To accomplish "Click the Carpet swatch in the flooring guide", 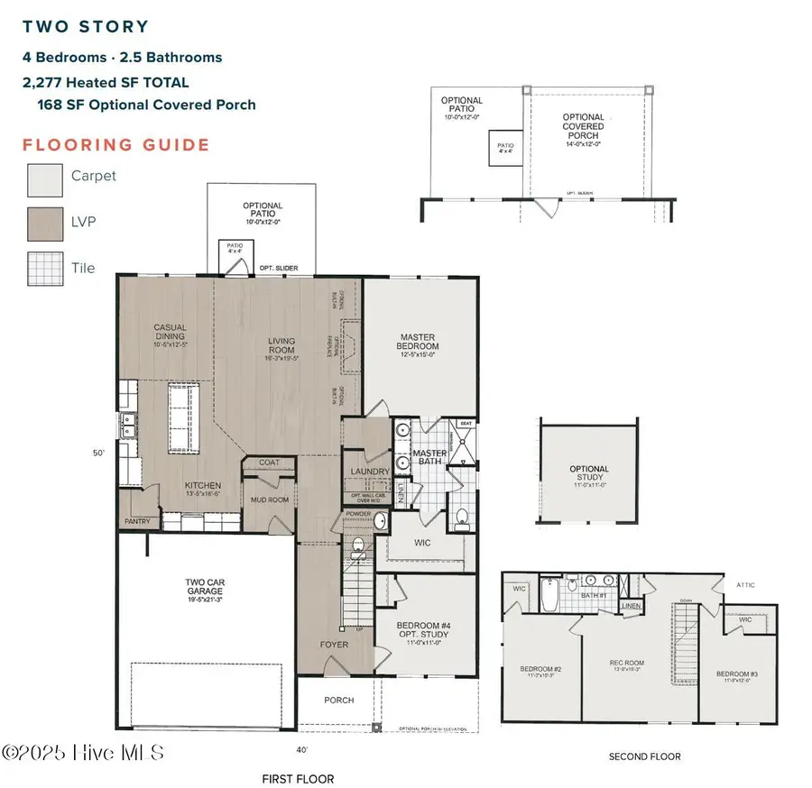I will pos(43,177).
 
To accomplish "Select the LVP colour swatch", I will pos(43,223).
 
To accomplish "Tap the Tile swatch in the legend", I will pos(43,268).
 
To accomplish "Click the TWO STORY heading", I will pos(86,27).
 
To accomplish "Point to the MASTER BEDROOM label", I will pos(419,342).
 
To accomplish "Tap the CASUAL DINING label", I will pos(170,333).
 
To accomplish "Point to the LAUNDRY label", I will pos(370,472).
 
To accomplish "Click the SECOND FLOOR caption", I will pos(644,756).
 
